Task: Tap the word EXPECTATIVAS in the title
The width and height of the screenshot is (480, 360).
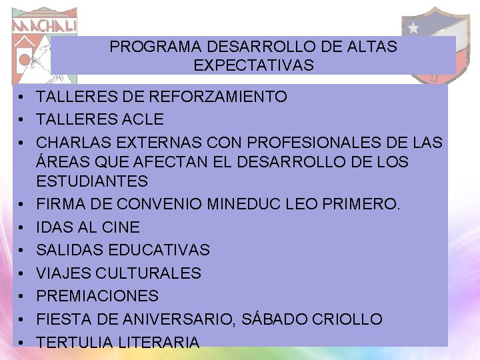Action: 253,65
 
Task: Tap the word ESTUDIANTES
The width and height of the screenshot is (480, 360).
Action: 92,181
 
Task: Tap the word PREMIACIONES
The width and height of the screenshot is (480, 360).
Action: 97,296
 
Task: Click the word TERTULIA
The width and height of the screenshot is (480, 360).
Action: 73,343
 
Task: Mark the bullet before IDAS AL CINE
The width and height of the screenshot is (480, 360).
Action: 22,228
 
